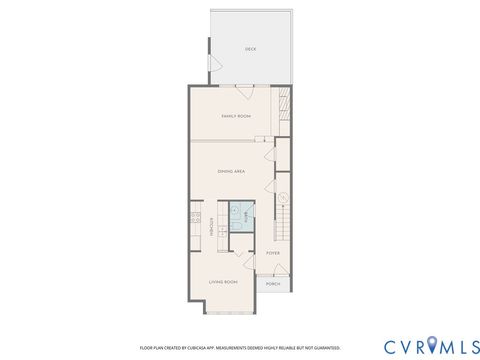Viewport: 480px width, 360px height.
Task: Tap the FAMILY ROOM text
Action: pos(236,117)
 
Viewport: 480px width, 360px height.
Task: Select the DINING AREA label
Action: pos(232,172)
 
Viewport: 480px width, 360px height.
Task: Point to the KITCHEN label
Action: pos(212,227)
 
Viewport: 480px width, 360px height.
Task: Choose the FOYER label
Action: pos(273,254)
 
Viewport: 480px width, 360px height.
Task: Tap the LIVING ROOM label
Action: pos(222,282)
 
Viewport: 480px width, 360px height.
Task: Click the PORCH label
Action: pos(273,284)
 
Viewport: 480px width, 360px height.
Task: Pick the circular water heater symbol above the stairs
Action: pos(283,196)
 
